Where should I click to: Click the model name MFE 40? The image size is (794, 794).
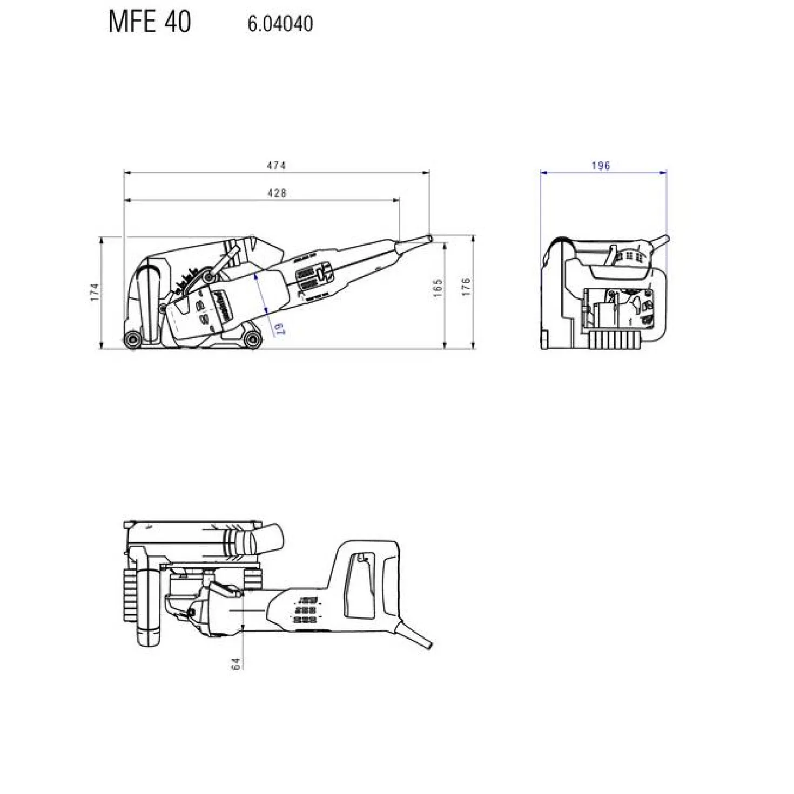(150, 22)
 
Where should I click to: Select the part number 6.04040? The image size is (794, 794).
(280, 24)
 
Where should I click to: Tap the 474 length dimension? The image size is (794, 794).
(276, 166)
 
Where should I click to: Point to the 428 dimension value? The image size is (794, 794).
(277, 193)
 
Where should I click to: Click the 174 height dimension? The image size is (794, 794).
(95, 291)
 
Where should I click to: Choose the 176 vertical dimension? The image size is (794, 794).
(466, 287)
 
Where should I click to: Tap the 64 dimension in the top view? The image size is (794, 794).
(235, 664)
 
